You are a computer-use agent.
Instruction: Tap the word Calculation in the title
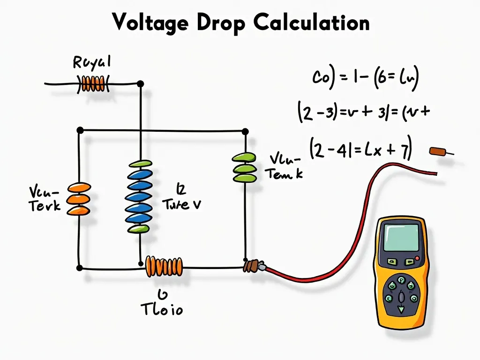(x=312, y=22)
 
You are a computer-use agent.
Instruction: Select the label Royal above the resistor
(x=92, y=62)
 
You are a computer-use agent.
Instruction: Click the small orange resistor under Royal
(x=93, y=84)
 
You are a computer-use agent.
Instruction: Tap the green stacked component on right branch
(x=244, y=167)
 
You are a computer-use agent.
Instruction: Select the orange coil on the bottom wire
(x=164, y=266)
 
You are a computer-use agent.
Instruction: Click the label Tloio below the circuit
(x=162, y=309)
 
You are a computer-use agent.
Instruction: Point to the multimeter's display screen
(x=401, y=237)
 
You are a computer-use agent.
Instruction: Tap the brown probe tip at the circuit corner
(x=251, y=266)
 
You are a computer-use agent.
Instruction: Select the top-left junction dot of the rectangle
(x=80, y=129)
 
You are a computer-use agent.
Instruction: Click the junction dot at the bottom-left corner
(x=79, y=268)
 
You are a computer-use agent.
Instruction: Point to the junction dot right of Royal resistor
(x=140, y=84)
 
